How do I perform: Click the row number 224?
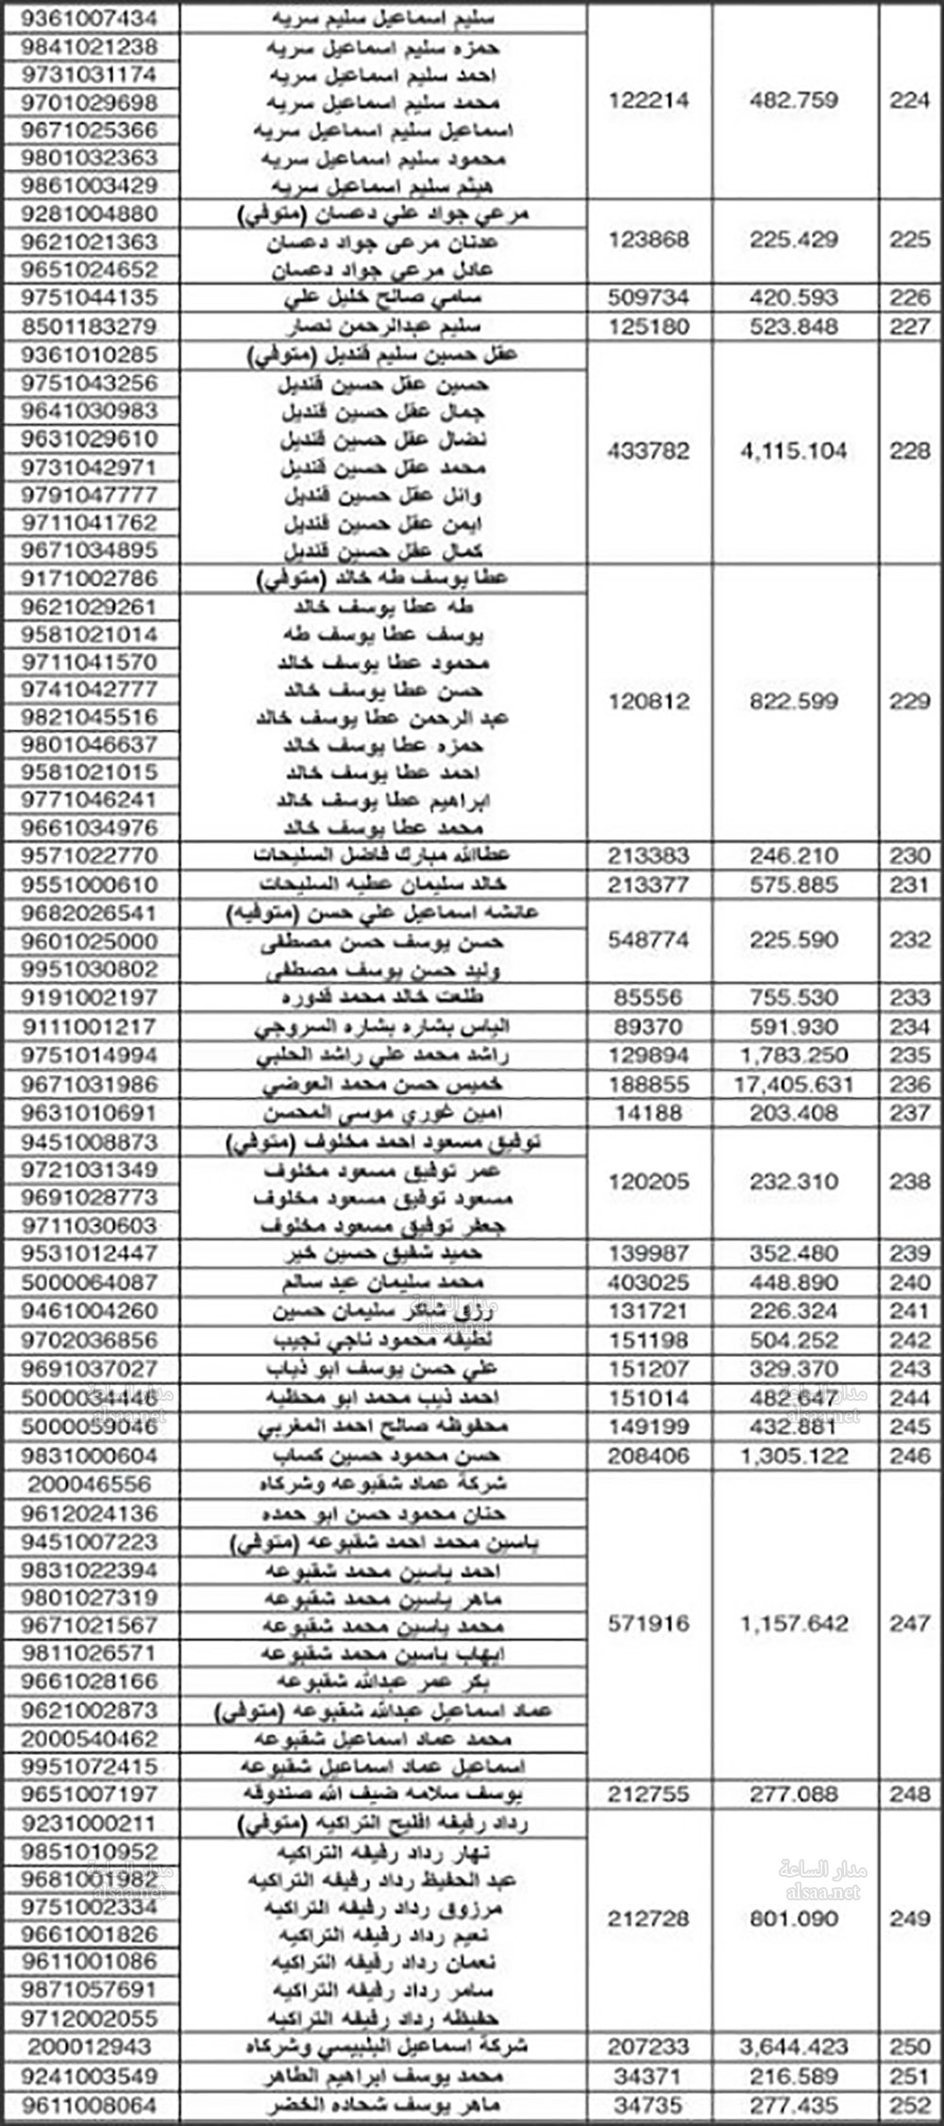pyautogui.click(x=909, y=100)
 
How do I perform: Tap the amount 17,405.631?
pyautogui.click(x=793, y=1085)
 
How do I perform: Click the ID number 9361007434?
pyautogui.click(x=90, y=19)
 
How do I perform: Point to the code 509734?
pyautogui.click(x=649, y=298)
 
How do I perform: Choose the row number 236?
pyautogui.click(x=909, y=1085)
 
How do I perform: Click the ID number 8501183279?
pyautogui.click(x=90, y=328)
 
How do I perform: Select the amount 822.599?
pyautogui.click(x=794, y=701)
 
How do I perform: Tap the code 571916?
pyautogui.click(x=649, y=1624)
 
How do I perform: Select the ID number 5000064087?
pyautogui.click(x=90, y=1283)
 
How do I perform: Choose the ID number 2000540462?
pyautogui.click(x=90, y=1739)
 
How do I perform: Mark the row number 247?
pyautogui.click(x=909, y=1624)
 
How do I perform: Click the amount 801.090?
pyautogui.click(x=794, y=1919)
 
